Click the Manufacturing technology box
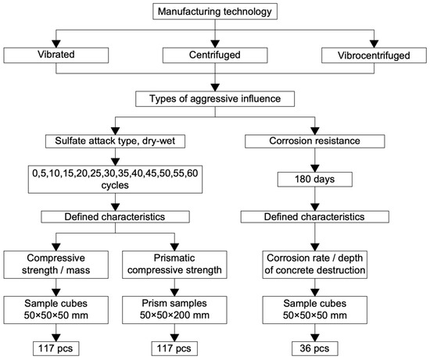[215, 11]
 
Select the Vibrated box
[56, 55]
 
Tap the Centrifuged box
[215, 55]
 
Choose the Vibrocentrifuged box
[374, 55]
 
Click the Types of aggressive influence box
[215, 98]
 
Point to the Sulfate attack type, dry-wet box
[115, 141]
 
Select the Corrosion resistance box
[315, 141]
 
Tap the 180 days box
[315, 180]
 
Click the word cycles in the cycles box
[115, 185]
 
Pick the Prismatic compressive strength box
[174, 265]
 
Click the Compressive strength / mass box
[56, 265]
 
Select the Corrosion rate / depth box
[315, 265]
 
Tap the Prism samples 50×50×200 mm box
[174, 310]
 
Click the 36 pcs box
[315, 348]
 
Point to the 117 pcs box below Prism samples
[174, 348]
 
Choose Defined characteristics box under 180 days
[315, 217]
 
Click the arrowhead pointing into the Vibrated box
[56, 44]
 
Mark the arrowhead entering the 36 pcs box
[315, 337]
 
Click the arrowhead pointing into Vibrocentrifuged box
[374, 44]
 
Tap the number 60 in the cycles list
[192, 173]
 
